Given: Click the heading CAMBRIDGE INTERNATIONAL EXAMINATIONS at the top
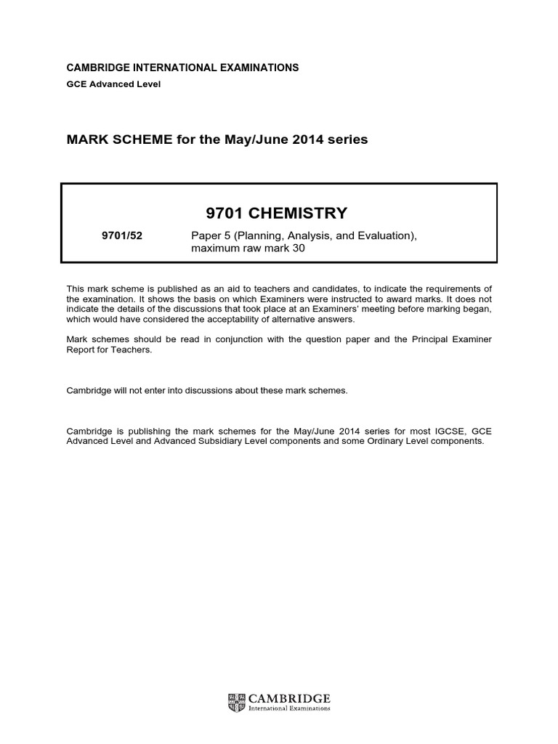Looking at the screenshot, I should [182, 68].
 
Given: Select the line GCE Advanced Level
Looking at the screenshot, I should [113, 84].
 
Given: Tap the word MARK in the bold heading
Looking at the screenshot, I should [84, 139].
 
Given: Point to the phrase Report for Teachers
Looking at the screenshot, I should [108, 349].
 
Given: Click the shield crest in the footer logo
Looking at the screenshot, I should [237, 701].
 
